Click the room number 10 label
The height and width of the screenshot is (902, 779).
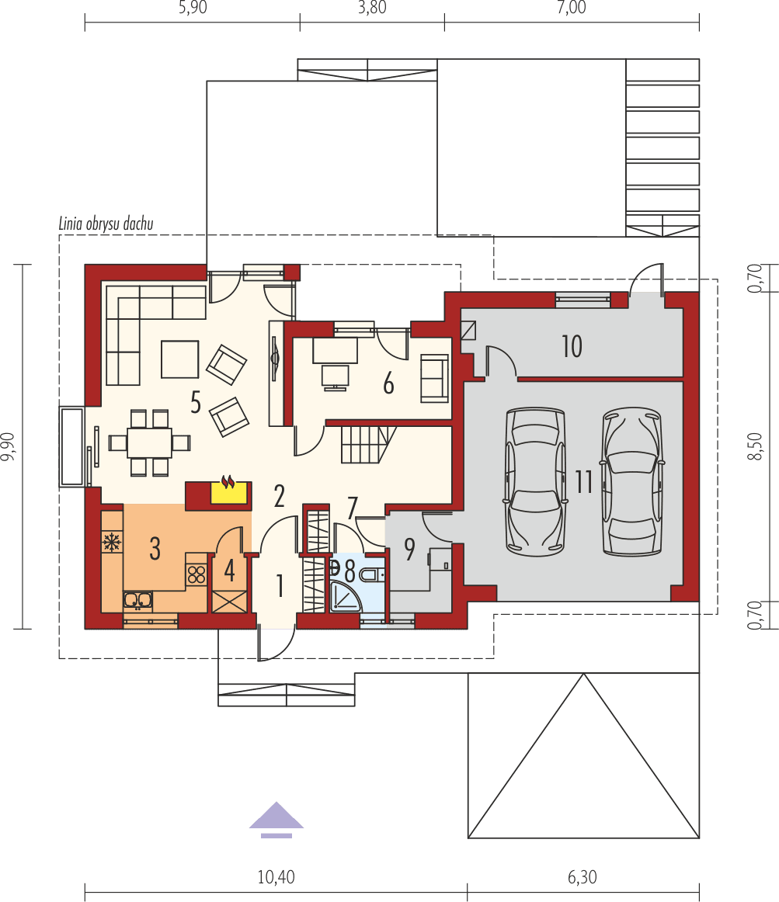(x=572, y=346)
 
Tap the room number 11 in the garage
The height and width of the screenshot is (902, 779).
(x=584, y=483)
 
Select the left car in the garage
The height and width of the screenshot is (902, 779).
(x=534, y=480)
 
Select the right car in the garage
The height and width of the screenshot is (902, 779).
(x=632, y=481)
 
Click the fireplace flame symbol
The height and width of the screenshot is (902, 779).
(x=228, y=483)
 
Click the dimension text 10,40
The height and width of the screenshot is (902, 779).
(x=276, y=877)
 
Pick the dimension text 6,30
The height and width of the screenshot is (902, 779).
(x=583, y=877)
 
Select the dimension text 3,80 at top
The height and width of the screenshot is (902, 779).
(x=371, y=9)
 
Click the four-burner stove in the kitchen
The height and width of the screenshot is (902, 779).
(x=196, y=575)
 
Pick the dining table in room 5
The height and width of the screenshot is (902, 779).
(x=149, y=442)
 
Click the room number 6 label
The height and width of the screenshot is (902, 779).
(x=388, y=383)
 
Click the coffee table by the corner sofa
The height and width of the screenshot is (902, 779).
(x=180, y=359)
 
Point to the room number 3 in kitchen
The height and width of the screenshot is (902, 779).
(x=155, y=549)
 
